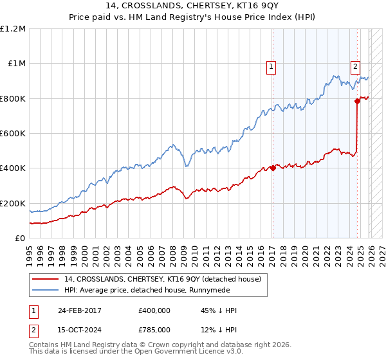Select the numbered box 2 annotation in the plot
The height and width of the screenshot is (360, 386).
tap(355, 66)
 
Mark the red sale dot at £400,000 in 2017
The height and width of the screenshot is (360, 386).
tap(273, 168)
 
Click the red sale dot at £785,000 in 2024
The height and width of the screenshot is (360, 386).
tap(356, 101)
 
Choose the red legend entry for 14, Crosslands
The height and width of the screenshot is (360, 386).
tap(162, 279)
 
